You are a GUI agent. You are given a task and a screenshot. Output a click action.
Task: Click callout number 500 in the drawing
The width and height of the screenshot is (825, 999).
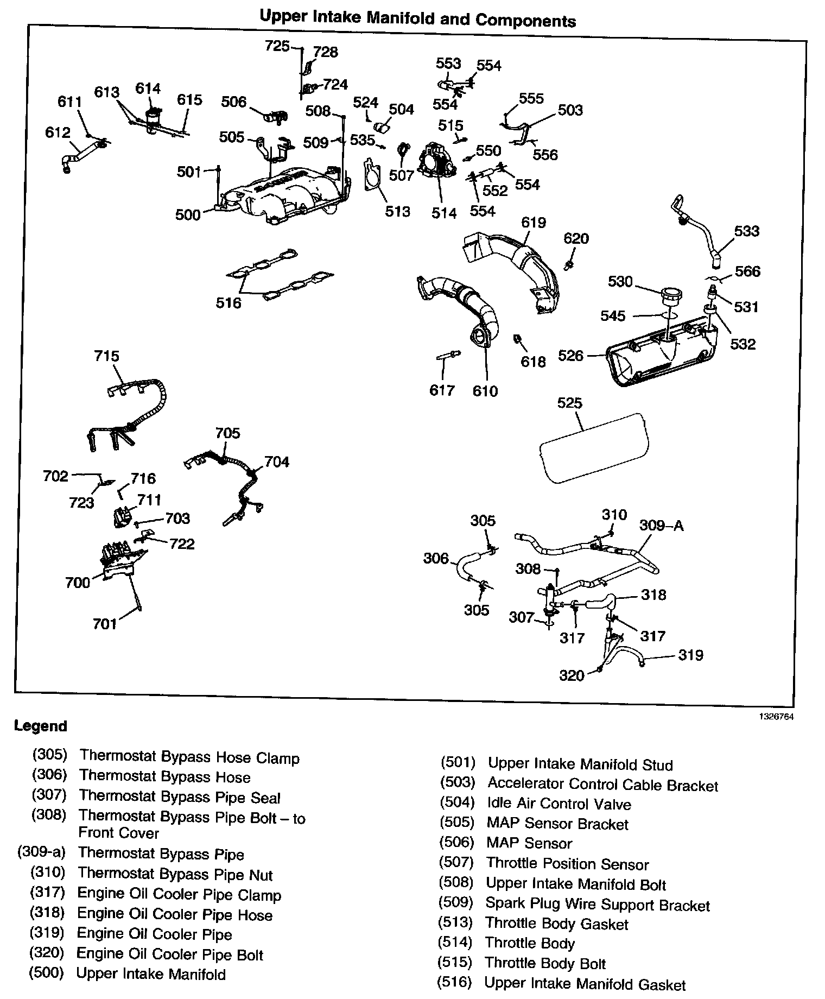pos(188,215)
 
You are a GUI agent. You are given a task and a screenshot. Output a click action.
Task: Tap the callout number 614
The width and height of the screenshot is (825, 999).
pos(148,88)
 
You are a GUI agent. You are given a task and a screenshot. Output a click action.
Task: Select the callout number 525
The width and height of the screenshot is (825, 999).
pos(569,403)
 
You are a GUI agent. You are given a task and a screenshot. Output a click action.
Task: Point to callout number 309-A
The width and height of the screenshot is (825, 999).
pos(661,525)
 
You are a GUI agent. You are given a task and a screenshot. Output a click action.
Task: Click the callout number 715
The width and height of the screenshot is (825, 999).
pos(106,356)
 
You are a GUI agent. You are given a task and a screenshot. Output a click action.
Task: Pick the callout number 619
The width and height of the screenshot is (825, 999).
pos(533,223)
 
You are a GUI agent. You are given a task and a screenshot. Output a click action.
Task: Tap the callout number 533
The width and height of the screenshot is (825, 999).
pos(746,231)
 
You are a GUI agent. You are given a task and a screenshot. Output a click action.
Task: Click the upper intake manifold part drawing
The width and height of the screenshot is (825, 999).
pos(282,195)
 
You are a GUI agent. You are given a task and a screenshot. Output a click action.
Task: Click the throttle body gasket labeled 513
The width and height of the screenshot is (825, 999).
pos(372,175)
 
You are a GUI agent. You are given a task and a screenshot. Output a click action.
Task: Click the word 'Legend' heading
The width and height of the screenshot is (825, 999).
pos(41,726)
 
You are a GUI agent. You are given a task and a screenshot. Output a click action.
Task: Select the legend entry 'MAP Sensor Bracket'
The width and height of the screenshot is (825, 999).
pos(557,824)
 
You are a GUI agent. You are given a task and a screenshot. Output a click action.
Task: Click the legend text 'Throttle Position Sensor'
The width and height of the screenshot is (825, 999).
pos(567,864)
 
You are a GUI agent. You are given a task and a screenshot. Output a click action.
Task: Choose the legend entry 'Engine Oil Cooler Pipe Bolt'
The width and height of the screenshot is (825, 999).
pos(170,954)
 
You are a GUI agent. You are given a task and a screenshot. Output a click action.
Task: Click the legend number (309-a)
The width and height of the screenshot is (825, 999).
pos(41,852)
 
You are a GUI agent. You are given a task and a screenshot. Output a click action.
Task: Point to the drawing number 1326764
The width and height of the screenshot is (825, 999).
pos(776,717)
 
